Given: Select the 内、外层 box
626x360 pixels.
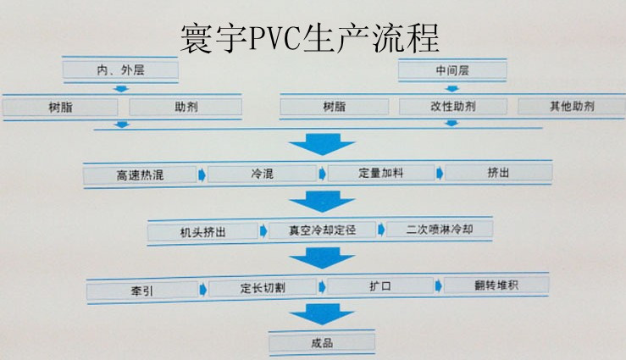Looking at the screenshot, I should click(x=120, y=69).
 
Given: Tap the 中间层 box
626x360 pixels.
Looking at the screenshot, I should click(x=452, y=70).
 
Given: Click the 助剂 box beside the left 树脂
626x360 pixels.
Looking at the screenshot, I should click(x=186, y=108).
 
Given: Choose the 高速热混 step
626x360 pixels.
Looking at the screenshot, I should click(x=140, y=175).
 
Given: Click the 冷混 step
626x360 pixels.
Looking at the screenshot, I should click(x=262, y=174).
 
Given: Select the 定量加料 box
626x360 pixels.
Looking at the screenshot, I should click(x=380, y=174).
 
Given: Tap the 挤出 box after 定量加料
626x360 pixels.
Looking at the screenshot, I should click(x=498, y=173).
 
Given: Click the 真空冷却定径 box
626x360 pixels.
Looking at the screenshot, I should click(x=321, y=230).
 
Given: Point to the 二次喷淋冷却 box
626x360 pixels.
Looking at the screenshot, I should click(x=439, y=230).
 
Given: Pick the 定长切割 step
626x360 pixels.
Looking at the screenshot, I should click(x=263, y=288).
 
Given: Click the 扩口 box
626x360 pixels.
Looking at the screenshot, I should click(x=380, y=286).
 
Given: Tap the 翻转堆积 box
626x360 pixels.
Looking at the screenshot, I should click(x=497, y=285).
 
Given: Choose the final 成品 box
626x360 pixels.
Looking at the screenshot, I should click(x=322, y=343).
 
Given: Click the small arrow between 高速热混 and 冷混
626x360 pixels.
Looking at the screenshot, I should click(x=202, y=174).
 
